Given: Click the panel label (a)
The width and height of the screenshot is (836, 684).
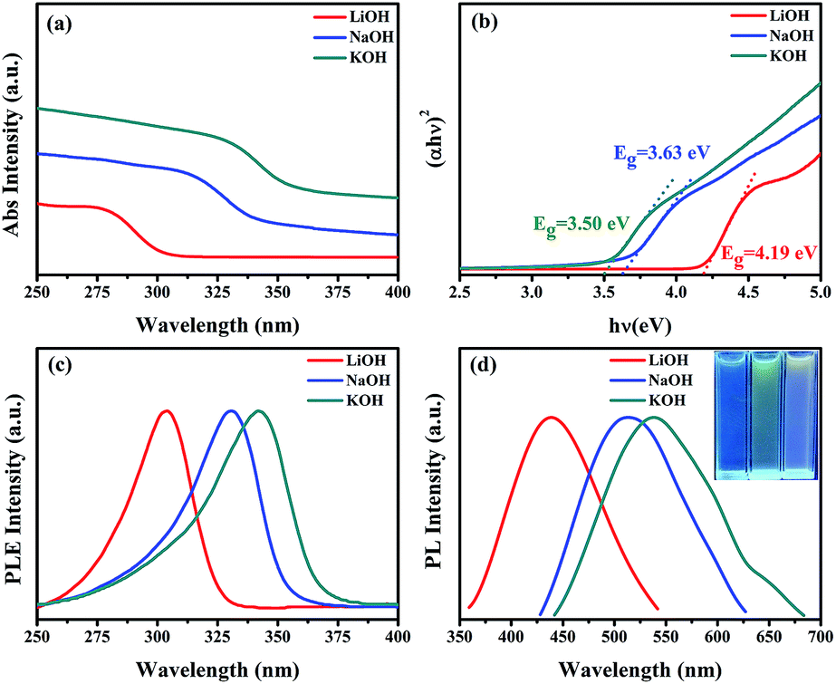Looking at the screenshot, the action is click(59, 25).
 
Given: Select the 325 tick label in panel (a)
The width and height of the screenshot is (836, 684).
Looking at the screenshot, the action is click(217, 292).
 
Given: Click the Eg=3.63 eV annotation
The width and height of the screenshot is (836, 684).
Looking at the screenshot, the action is click(662, 154).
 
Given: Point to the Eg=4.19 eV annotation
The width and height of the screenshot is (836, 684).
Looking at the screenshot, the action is click(769, 253).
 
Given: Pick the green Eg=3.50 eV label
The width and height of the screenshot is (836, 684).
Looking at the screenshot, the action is click(581, 224).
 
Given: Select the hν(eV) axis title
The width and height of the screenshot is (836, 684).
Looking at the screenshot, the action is click(639, 325).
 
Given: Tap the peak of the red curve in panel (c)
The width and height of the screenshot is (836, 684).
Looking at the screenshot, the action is click(167, 410).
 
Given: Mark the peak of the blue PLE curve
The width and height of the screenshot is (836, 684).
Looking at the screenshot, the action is click(231, 410).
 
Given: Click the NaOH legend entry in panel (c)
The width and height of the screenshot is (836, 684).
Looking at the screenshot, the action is click(349, 381).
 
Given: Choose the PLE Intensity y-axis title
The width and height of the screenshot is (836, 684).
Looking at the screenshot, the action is click(14, 489).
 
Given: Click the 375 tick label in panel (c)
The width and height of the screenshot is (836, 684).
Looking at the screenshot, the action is click(338, 637).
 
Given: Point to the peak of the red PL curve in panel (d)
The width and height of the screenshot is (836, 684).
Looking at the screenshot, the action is click(550, 417).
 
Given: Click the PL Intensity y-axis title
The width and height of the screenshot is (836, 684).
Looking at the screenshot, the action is click(437, 489).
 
